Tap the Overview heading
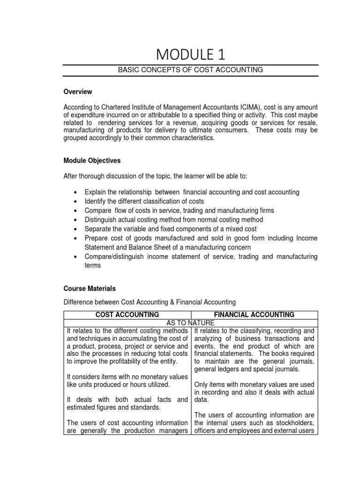point(78,91)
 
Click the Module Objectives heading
point(92,160)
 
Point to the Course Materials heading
point(90,289)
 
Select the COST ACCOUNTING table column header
point(127,315)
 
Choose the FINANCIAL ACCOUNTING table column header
point(255,315)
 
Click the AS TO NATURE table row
point(190,323)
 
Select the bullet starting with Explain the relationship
point(192,192)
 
